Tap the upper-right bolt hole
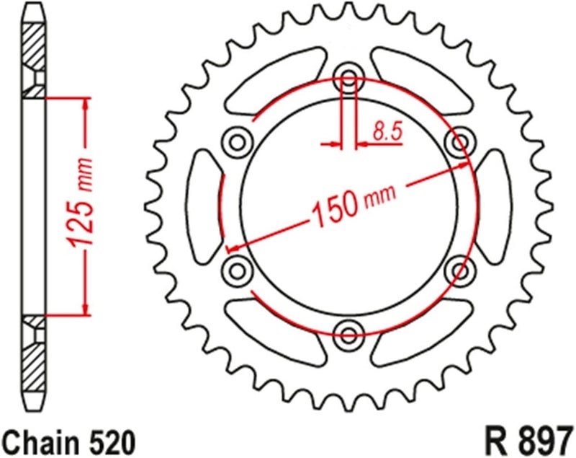(459, 142)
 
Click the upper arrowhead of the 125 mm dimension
(86, 105)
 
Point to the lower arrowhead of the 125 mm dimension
(86, 309)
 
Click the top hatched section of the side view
(34, 54)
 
